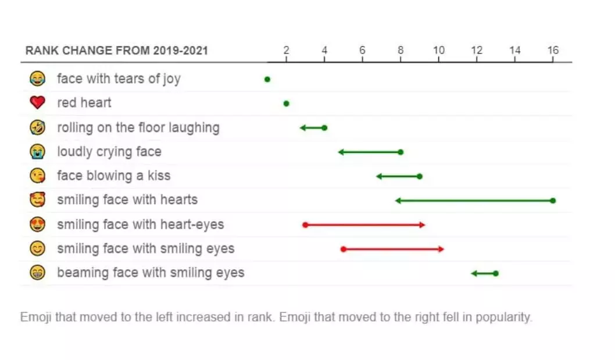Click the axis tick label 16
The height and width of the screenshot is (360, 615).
coord(553,51)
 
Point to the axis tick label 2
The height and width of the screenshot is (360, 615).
coord(286,51)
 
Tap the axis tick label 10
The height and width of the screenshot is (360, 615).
coord(438,51)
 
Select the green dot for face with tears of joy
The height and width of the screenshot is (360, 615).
coord(267,79)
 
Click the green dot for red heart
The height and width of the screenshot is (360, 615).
coord(286,104)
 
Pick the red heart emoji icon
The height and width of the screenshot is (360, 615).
coord(37,103)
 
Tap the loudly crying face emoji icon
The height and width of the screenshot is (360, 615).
coord(37,152)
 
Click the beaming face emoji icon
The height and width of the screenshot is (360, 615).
coord(37,273)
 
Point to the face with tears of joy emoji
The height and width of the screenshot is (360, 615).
coord(37,79)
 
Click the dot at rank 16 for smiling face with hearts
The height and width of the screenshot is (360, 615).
coord(553,201)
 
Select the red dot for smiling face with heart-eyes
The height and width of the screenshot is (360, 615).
coord(305,224)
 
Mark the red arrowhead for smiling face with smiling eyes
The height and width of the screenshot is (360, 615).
coord(441,249)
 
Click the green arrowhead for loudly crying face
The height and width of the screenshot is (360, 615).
coord(341,152)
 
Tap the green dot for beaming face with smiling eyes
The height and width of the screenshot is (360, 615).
coord(496,273)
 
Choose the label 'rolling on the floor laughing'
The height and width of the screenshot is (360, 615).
coord(138,127)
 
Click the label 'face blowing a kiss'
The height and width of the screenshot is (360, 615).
coord(113,176)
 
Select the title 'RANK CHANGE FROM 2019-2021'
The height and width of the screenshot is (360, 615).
coord(117,51)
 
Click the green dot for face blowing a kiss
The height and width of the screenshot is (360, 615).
coord(420,176)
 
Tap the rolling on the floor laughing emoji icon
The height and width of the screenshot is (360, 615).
coord(37,127)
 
